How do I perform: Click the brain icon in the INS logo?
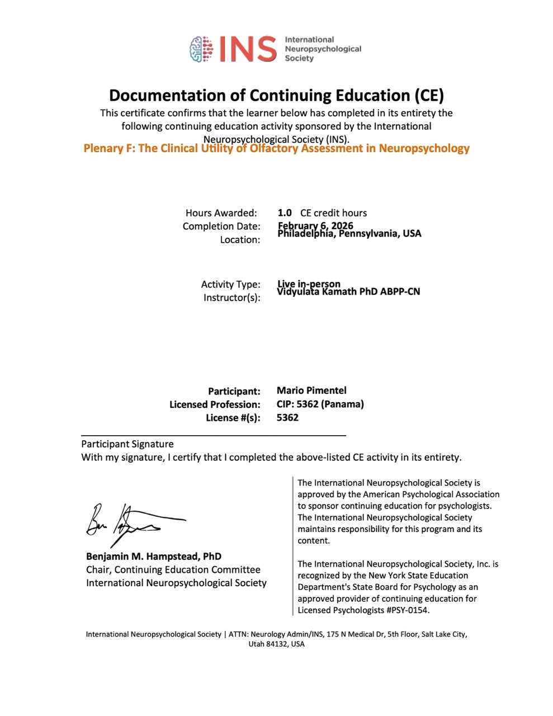(x=202, y=48)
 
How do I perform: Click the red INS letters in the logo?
(x=247, y=49)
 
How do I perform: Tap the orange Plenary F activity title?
(x=276, y=149)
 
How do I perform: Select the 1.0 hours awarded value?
(x=285, y=213)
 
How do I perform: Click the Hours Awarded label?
(x=221, y=213)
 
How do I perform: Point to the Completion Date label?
(x=221, y=226)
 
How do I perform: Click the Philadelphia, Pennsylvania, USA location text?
(x=349, y=234)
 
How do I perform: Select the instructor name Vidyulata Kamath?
(x=348, y=291)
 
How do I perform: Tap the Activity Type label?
(x=230, y=284)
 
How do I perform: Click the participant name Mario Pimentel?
(x=311, y=390)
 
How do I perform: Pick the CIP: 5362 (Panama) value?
(x=320, y=404)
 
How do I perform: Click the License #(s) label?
(x=233, y=418)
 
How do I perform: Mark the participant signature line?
(x=214, y=435)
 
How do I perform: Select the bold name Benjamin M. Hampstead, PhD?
(x=153, y=557)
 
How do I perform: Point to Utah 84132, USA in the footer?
(x=276, y=644)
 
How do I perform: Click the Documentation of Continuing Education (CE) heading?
(x=276, y=95)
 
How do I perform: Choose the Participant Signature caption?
(x=127, y=444)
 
